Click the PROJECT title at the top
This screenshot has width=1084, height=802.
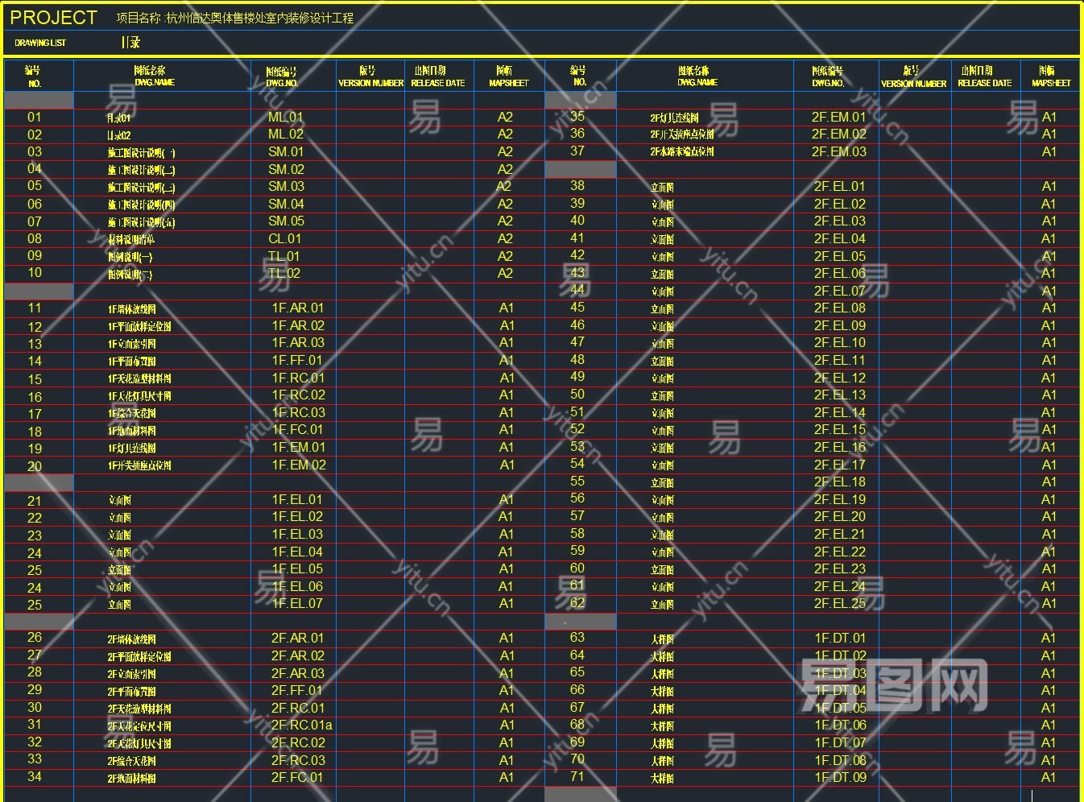click(53, 18)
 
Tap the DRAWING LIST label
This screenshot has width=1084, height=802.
click(40, 43)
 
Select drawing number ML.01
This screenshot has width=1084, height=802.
click(286, 117)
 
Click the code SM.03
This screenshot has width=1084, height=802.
click(286, 186)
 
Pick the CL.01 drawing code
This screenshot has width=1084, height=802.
click(285, 238)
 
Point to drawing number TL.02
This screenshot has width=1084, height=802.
click(284, 273)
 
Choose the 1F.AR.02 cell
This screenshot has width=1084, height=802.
click(298, 325)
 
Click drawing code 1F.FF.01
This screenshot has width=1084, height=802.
click(296, 360)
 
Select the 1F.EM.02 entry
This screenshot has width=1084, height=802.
click(299, 465)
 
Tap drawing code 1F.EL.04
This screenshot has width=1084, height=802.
click(297, 552)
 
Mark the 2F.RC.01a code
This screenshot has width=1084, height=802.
click(301, 725)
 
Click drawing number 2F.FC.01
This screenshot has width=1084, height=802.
click(296, 777)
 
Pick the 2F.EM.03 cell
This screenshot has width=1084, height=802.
click(839, 151)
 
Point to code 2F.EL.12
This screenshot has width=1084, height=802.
click(840, 378)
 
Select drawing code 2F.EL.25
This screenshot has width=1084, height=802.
click(840, 603)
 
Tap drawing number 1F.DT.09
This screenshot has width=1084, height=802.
click(840, 777)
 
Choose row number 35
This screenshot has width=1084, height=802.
click(577, 116)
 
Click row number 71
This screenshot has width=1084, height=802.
click(577, 776)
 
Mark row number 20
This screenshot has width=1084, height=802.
click(35, 466)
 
